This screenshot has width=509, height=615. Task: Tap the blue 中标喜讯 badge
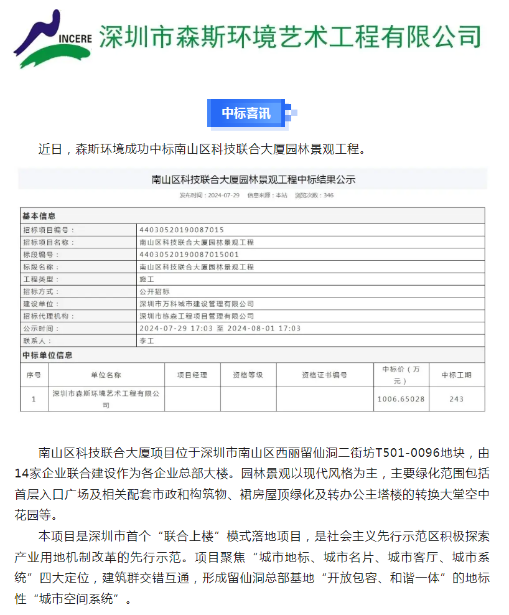click(246, 113)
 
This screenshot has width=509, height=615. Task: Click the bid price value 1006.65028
click(401, 399)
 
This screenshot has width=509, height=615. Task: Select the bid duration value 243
click(456, 399)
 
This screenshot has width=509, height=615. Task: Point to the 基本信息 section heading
click(39, 216)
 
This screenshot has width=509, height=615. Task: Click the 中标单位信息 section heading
click(47, 355)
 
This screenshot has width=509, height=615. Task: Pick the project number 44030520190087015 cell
click(182, 230)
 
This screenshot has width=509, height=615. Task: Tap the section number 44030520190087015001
click(189, 255)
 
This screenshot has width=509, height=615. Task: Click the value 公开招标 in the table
click(154, 291)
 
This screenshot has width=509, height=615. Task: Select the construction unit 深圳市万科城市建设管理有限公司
click(197, 304)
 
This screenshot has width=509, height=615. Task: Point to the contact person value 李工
click(146, 341)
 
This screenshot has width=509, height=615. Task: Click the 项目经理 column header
click(192, 375)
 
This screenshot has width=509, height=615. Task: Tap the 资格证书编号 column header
click(324, 375)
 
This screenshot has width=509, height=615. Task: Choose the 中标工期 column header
click(456, 375)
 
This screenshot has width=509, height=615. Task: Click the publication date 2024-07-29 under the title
click(222, 195)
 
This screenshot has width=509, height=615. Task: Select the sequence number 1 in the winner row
click(34, 399)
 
